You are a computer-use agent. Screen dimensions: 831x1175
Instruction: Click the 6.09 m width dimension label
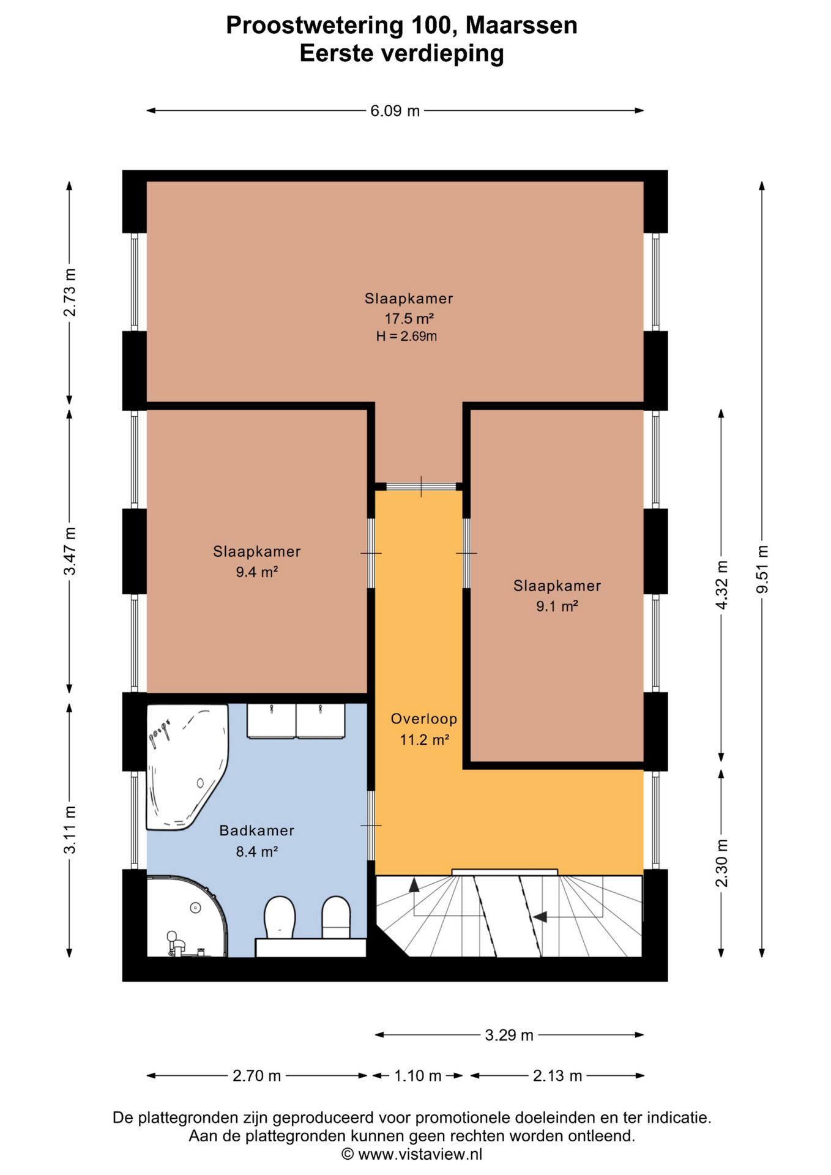[395, 111]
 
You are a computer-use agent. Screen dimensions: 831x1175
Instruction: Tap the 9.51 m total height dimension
[762, 569]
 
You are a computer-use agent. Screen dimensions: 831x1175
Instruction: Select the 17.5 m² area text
[409, 318]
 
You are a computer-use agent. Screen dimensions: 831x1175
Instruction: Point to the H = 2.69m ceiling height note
[406, 336]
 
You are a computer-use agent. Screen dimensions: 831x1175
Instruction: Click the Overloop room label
[424, 718]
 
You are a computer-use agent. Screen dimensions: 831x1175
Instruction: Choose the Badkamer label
[257, 830]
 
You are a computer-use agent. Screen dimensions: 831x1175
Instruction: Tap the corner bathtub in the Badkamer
[186, 767]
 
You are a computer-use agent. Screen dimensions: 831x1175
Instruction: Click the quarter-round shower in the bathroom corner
[187, 916]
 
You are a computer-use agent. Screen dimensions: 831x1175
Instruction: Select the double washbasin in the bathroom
[296, 721]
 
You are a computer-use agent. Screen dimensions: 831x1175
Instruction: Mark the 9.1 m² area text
[557, 606]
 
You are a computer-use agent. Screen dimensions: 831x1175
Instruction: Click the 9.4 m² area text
[257, 572]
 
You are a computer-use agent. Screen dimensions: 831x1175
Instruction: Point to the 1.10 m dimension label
[417, 1075]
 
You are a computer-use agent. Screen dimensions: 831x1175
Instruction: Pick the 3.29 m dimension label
[509, 1035]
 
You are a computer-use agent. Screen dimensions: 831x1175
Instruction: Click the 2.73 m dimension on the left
[70, 293]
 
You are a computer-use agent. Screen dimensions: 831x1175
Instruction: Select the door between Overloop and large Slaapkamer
[422, 487]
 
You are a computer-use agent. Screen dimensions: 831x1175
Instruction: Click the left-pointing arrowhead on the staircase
[539, 917]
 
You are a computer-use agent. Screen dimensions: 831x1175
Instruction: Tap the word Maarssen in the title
[521, 26]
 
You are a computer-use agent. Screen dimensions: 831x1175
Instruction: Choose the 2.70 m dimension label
[256, 1075]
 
